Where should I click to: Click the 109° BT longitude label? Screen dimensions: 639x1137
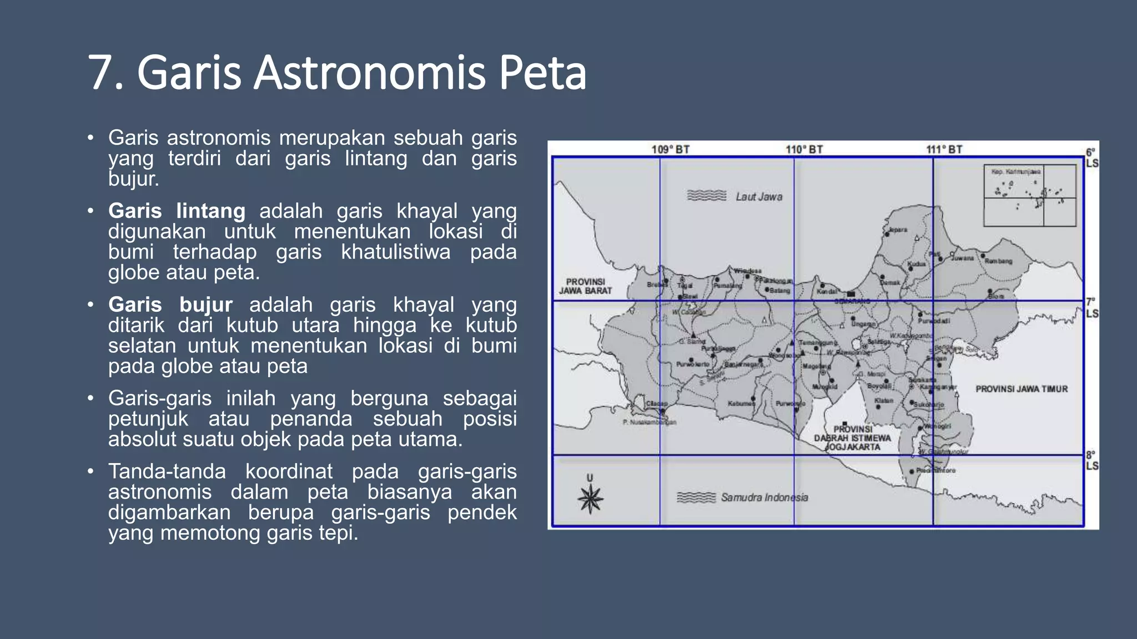[670, 149]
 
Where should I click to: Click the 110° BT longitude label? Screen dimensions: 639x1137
[804, 149]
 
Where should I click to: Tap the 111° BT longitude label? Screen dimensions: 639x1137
[944, 149]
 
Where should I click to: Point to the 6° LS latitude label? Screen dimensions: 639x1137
[1091, 158]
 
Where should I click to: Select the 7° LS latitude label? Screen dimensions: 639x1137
[1091, 308]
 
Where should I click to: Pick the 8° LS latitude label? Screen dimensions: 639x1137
[1091, 460]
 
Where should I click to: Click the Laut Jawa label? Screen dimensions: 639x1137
[759, 196]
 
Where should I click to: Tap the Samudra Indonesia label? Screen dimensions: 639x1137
[764, 498]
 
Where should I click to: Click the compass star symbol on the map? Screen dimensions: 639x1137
[590, 498]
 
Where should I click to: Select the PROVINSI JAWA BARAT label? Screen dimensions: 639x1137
[585, 286]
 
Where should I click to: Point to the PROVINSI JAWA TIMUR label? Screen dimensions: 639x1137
[1022, 389]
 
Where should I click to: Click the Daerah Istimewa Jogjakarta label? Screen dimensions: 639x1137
[853, 438]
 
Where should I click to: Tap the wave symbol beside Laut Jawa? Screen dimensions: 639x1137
[706, 196]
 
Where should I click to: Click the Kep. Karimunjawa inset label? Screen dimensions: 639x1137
[1016, 172]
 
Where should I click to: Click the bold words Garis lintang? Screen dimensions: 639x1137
[177, 211]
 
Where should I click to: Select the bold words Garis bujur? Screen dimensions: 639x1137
[170, 305]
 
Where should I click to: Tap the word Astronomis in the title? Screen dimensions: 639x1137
[369, 73]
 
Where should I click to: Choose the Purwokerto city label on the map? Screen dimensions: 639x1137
[693, 364]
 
